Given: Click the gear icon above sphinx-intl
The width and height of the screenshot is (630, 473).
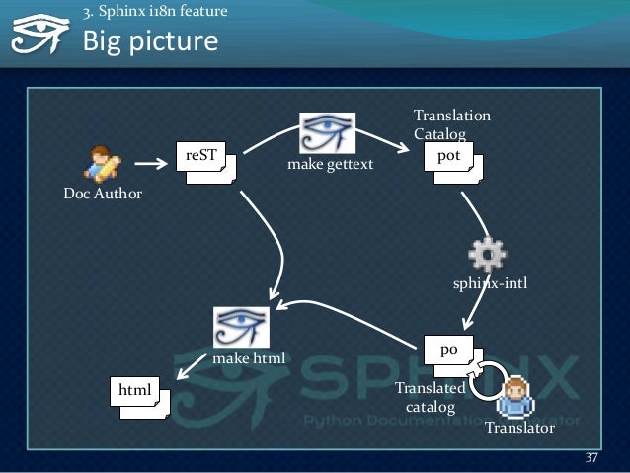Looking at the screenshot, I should tap(488, 255).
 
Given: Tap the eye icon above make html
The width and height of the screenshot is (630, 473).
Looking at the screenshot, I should tap(242, 328).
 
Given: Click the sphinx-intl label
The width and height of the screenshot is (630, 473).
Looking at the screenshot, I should tap(490, 284).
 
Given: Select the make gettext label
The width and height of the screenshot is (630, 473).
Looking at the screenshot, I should tap(330, 165).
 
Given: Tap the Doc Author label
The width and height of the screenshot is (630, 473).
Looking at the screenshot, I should tap(103, 194).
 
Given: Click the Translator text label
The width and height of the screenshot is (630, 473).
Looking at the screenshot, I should tap(519, 430).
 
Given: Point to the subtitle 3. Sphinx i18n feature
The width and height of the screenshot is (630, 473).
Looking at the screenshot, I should tap(155, 12).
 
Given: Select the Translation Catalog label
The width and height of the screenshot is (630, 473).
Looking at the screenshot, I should tap(450, 124).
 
